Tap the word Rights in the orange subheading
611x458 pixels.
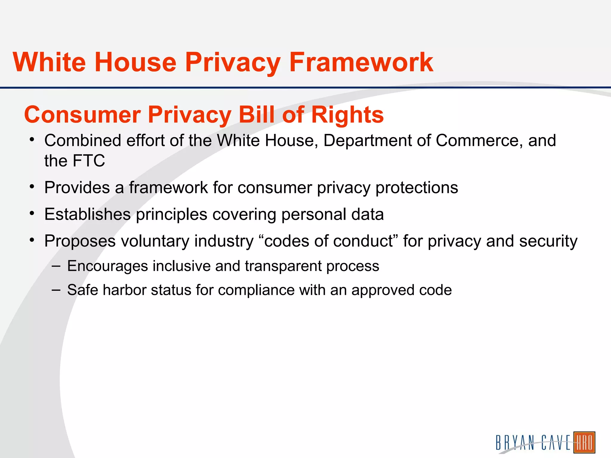click(x=347, y=115)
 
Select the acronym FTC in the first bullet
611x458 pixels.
click(x=89, y=161)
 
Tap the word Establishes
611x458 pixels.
click(x=87, y=214)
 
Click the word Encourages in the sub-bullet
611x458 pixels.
click(x=107, y=266)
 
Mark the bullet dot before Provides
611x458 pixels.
click(x=32, y=187)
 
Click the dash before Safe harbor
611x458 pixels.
click(x=56, y=290)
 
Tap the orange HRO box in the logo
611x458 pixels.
click(x=584, y=442)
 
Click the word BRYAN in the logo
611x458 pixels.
click(x=515, y=443)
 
